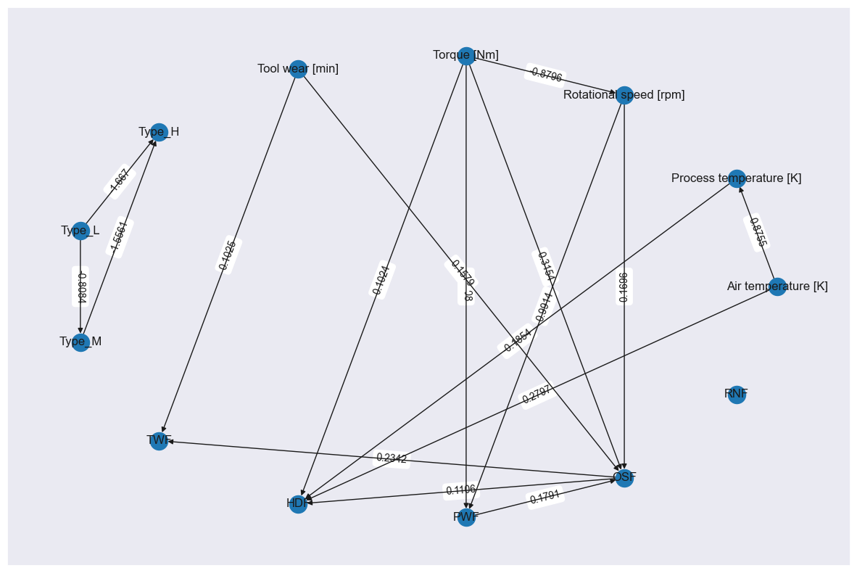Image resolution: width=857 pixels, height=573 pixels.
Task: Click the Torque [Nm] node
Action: point(466,56)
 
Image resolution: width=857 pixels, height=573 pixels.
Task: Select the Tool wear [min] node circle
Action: point(298,69)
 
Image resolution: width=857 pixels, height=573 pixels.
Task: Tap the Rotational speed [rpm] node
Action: point(624,95)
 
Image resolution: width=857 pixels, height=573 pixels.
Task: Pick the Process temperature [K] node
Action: point(737,178)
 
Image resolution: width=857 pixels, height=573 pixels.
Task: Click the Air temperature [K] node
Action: point(777,286)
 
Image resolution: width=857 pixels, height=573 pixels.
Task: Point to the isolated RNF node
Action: point(737,395)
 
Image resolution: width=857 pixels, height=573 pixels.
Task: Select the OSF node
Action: point(624,478)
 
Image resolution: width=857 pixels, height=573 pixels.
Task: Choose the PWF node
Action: point(466,517)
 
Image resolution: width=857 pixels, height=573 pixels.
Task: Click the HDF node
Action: point(298,504)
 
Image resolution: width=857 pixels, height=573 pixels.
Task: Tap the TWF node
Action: point(159,441)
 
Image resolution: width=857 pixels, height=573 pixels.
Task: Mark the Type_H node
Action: point(159,132)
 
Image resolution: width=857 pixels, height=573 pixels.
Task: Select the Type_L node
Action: point(80,231)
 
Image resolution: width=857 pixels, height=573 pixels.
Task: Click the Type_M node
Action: point(80,342)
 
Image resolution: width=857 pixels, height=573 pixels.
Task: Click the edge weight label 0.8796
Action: point(546,74)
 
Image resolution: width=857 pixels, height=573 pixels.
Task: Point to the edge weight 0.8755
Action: point(757,232)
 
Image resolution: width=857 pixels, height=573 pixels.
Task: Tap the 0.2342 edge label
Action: point(392,459)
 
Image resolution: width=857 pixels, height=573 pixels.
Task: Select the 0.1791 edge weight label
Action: point(545,498)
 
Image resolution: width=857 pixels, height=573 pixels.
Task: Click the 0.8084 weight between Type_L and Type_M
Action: point(81,287)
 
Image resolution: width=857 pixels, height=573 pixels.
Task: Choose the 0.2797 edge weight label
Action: point(537,395)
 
